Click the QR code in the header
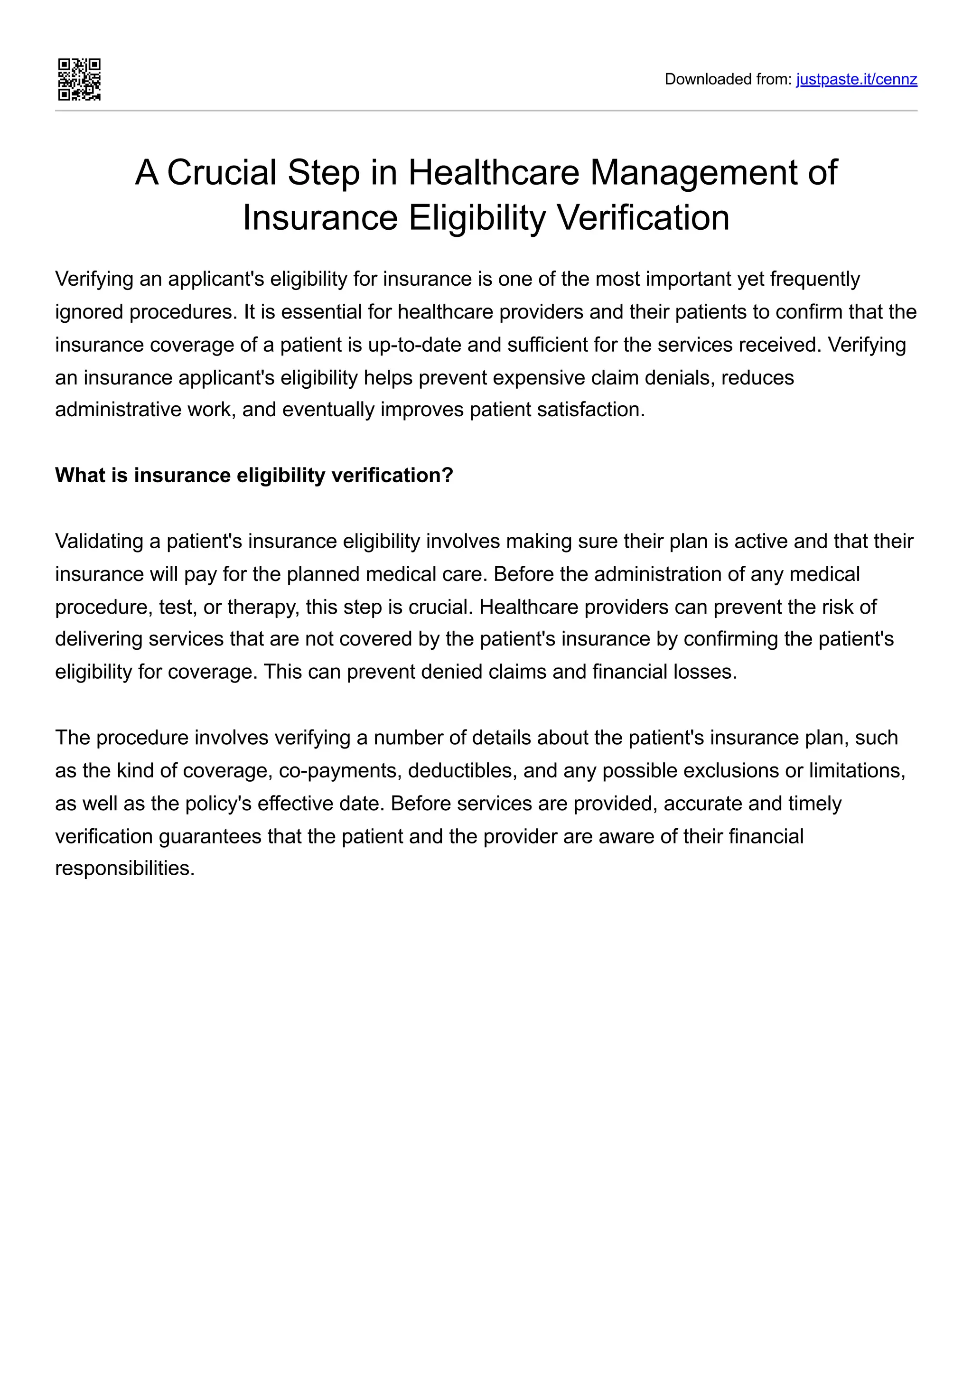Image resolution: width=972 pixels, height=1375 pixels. coord(79,79)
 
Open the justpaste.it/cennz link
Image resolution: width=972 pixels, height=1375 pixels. coord(856,79)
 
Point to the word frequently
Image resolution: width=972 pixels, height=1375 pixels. coord(814,279)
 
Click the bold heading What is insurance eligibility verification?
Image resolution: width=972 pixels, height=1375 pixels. coord(254,476)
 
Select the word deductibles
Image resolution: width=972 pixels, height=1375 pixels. coord(462,770)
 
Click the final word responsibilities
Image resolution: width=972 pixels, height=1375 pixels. coord(124,869)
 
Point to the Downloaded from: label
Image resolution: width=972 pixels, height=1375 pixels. coord(728,79)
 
